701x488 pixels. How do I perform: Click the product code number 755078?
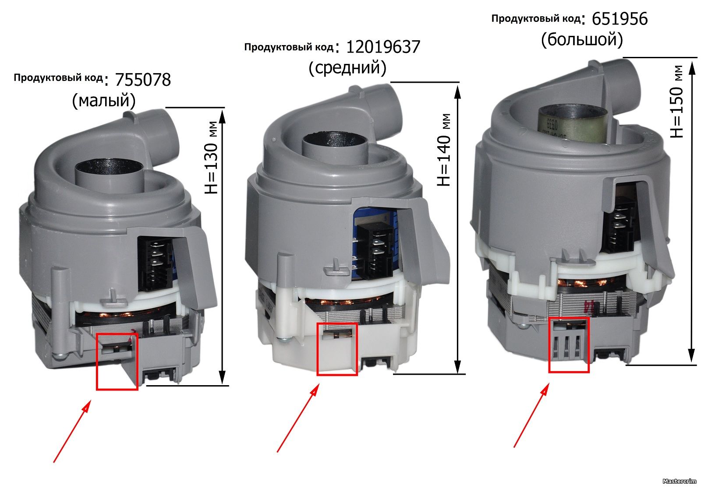[x=143, y=80]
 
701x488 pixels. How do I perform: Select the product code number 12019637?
[x=383, y=47]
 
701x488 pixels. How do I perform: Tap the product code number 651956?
[x=620, y=19]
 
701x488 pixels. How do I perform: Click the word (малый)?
[x=104, y=101]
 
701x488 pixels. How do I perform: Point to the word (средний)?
[x=347, y=68]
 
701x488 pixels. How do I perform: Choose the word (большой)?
[x=582, y=40]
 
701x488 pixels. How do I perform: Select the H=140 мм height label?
[x=444, y=150]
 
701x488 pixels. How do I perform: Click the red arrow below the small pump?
[x=72, y=431]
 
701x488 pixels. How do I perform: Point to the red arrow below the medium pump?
[x=298, y=418]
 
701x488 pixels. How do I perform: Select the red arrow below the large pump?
[x=531, y=415]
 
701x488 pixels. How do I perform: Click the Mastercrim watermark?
[x=679, y=481]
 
